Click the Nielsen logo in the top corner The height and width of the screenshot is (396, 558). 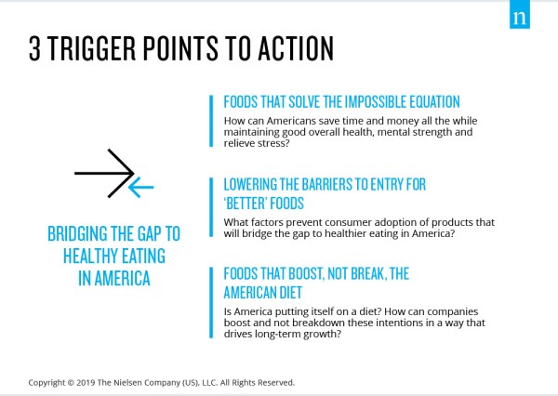point(520,14)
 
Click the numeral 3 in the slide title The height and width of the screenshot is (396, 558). point(34,48)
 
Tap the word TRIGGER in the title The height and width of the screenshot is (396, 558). point(91,48)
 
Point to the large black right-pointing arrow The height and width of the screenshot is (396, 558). point(104,173)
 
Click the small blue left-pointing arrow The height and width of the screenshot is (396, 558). point(141,187)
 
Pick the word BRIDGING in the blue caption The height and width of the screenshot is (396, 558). point(77,233)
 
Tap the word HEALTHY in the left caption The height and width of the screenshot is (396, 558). point(91,256)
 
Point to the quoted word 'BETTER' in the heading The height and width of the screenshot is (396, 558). point(246,204)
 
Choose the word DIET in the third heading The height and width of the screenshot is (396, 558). point(290,293)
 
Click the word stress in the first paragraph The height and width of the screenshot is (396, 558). point(272,143)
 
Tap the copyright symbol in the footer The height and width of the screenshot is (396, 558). point(71,383)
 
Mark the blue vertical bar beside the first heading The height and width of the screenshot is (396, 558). point(211,121)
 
